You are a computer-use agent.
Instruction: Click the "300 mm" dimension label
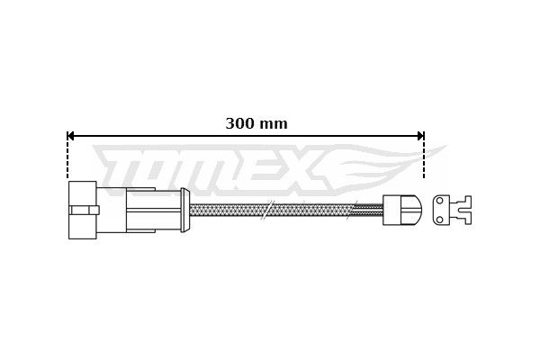[x=256, y=124]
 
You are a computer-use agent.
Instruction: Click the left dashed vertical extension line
[x=67, y=157]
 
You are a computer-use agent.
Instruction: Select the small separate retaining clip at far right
[x=451, y=210]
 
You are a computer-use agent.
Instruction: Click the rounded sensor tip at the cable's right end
[x=410, y=210]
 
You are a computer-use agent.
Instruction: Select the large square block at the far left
[x=82, y=210]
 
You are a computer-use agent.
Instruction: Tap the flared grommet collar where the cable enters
[x=184, y=210]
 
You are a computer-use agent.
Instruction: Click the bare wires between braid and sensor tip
[x=369, y=210]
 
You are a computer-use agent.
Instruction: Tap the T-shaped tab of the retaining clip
[x=463, y=210]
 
